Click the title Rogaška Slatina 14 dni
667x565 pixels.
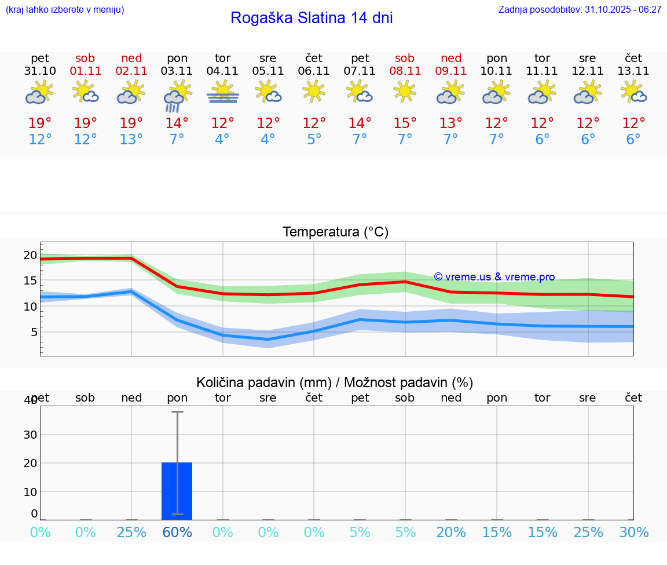point(311,18)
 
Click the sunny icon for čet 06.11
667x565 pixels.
point(314,91)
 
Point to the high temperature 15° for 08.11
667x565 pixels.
point(405,123)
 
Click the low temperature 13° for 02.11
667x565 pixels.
point(131,140)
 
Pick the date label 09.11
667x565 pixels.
point(450,71)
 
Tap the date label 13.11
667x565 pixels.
point(633,71)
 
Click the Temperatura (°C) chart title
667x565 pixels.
point(335,232)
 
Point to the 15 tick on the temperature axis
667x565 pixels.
point(30,280)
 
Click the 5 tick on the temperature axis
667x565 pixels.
point(34,332)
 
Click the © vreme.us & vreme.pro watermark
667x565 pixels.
point(494,277)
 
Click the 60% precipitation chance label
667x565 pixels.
point(177,532)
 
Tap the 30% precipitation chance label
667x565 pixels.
point(633,532)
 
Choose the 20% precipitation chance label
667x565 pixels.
point(450,532)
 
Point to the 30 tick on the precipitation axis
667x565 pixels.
point(30,435)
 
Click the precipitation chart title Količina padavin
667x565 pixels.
point(335,382)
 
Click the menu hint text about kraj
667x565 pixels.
point(65,10)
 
